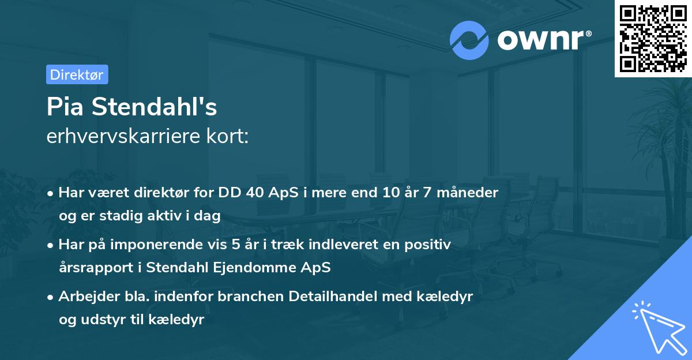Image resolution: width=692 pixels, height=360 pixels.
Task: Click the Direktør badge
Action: tap(77, 74)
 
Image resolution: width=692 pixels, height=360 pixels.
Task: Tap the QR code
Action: tap(653, 38)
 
